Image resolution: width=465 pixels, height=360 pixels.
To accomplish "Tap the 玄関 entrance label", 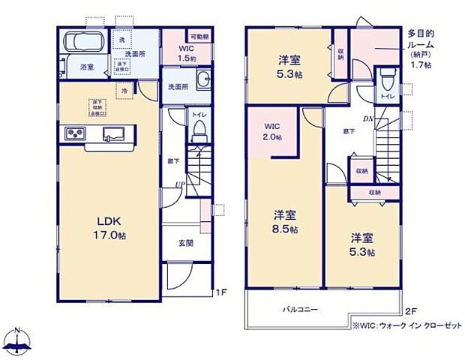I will pos(186,243).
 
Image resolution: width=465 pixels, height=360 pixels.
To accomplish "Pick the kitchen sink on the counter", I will pos(113,133).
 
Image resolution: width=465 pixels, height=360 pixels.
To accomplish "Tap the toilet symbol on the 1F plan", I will pos(199,130).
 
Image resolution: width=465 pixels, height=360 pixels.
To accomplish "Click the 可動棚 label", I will pos(199,35).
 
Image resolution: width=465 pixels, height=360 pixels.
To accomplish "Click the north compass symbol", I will pos(20,338).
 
